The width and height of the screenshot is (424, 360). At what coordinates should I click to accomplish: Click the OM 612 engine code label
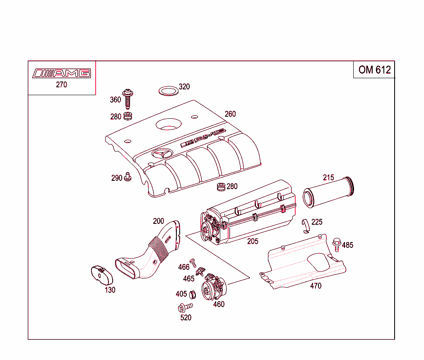click(374, 70)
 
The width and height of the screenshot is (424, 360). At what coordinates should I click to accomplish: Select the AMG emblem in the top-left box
click(61, 73)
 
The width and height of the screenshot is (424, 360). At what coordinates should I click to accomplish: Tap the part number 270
click(61, 85)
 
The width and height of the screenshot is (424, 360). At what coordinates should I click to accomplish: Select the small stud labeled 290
click(128, 177)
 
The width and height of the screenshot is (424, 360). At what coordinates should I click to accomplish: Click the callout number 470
click(316, 286)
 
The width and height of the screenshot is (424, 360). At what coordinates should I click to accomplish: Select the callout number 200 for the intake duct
click(158, 221)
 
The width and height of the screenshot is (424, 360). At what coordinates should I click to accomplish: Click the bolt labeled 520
click(185, 307)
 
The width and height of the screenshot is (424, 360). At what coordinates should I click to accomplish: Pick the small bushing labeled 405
click(192, 295)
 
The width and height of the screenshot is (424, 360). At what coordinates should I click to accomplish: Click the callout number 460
click(219, 305)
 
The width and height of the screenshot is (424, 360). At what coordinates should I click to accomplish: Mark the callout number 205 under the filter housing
click(253, 241)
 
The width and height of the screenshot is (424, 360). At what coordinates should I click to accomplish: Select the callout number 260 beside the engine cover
click(230, 114)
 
